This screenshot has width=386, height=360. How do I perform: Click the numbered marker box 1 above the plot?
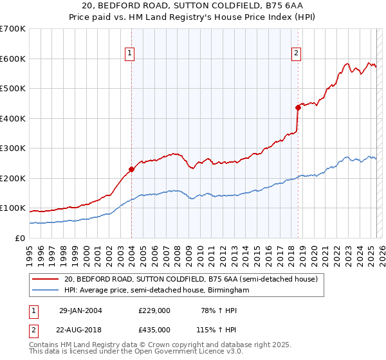(130, 53)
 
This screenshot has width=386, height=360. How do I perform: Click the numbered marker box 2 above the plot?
(296, 53)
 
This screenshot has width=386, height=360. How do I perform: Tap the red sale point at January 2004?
(131, 170)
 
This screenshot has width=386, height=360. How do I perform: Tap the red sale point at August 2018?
(298, 107)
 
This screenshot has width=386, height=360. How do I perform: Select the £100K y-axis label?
(13, 208)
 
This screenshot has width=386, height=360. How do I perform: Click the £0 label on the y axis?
(19, 238)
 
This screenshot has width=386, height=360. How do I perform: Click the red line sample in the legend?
(46, 280)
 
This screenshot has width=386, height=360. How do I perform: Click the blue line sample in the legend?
(46, 291)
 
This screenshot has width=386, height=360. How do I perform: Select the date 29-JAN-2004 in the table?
(80, 310)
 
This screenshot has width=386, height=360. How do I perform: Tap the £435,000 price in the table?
(154, 329)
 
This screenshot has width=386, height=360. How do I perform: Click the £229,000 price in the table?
(154, 310)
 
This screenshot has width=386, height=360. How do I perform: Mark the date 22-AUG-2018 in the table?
(81, 329)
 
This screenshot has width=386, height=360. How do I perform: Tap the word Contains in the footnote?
(46, 345)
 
